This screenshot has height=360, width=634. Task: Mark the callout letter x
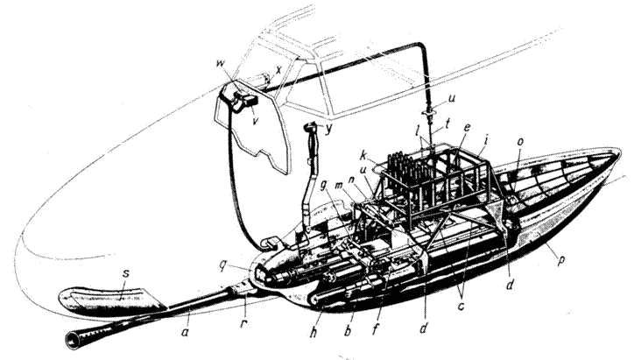click(278, 68)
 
